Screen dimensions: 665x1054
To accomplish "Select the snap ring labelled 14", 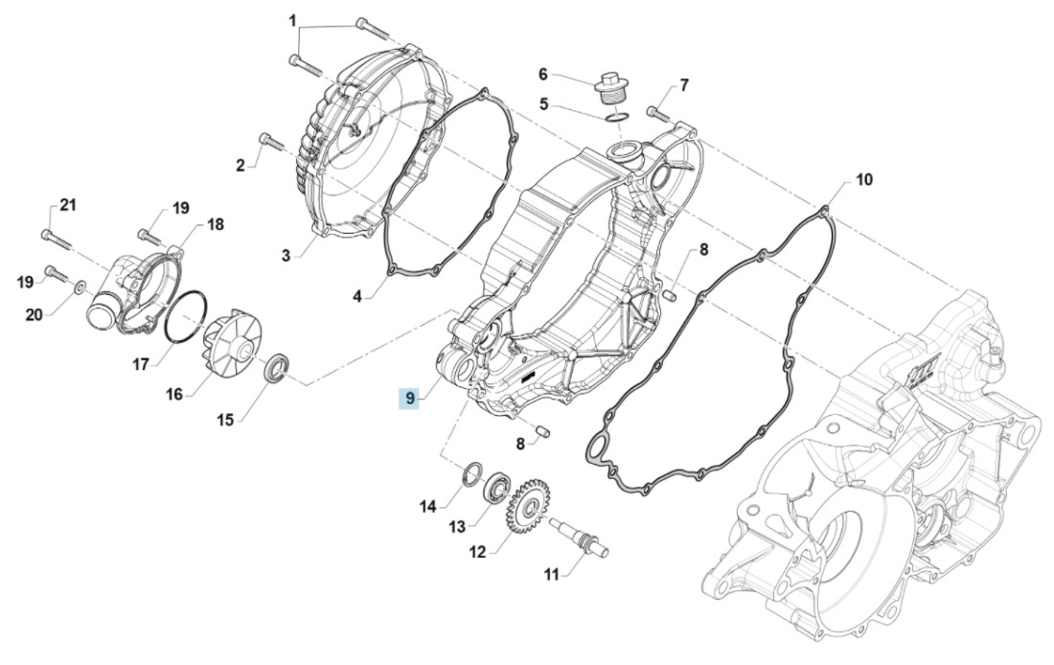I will coord(472,472).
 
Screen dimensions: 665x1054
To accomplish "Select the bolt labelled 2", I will coord(269,143).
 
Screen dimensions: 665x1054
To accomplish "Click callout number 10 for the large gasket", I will coord(863,179).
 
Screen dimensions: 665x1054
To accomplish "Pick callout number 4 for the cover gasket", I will coord(356,297).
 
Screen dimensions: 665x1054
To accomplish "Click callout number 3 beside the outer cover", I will coord(286,254).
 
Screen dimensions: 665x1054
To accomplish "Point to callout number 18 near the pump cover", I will coord(215,224).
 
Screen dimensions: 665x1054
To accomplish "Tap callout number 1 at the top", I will coord(293,20).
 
